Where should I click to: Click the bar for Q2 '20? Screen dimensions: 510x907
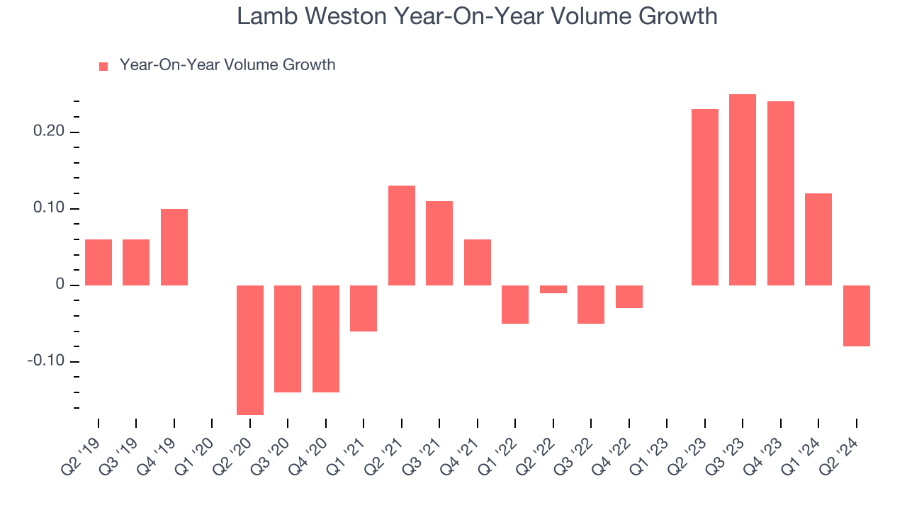coord(250,350)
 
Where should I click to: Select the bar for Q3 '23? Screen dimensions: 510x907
coord(743,190)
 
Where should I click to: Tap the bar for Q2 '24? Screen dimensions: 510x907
coord(856,316)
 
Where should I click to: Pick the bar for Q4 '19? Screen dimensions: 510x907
coord(174,247)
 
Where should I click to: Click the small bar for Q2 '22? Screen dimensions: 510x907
coord(553,289)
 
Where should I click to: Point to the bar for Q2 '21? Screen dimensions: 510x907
coord(402,235)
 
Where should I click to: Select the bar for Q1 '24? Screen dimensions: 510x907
coord(818,239)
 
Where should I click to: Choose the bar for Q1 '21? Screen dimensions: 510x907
coord(364,308)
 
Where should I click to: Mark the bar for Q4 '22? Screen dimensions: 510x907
coord(629,297)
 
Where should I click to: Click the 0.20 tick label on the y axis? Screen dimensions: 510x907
coord(50,132)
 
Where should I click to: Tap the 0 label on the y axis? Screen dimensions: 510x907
coord(60,285)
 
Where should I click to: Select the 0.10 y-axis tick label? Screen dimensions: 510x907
coord(50,209)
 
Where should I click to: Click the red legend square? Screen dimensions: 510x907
coord(103,67)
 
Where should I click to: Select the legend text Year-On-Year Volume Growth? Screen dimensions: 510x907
coord(227,65)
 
